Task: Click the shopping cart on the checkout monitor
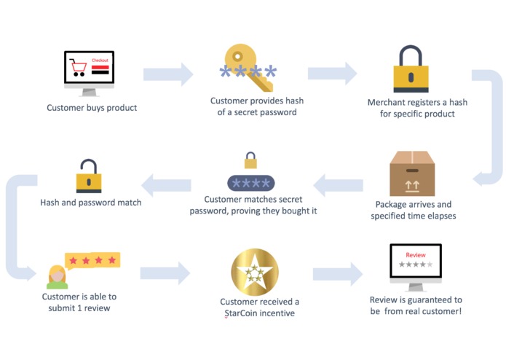(77, 69)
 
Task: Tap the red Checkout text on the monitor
(99, 60)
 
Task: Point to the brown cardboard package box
(412, 174)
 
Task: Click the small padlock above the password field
(251, 160)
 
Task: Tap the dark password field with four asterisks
(251, 181)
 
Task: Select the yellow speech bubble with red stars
(92, 260)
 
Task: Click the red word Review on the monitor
(415, 256)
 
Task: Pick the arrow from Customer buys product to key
(168, 74)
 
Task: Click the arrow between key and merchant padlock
(333, 74)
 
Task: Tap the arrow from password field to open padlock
(167, 185)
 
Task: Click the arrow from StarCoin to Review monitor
(337, 274)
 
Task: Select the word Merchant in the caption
(387, 103)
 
